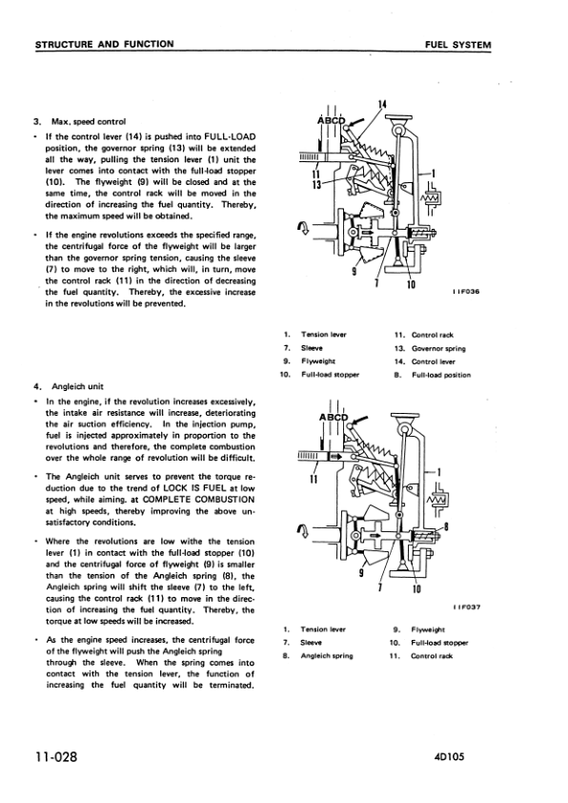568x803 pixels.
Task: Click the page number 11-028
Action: click(56, 756)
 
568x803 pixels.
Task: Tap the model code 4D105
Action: click(448, 756)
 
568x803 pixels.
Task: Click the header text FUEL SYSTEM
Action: click(457, 45)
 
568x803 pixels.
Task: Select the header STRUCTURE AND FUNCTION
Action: click(105, 44)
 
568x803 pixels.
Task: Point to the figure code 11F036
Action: click(465, 292)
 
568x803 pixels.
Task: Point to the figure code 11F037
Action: click(466, 607)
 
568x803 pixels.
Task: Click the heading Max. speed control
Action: click(88, 122)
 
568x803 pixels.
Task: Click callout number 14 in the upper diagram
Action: click(382, 104)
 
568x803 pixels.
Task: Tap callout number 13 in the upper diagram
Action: click(316, 184)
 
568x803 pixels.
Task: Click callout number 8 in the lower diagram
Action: click(446, 525)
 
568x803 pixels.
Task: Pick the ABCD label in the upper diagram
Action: click(332, 121)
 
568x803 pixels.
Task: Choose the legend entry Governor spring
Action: click(438, 349)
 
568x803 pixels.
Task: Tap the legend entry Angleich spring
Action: click(327, 656)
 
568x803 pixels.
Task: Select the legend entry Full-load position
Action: click(441, 375)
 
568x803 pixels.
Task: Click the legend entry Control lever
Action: click(434, 361)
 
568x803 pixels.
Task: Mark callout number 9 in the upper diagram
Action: click(354, 272)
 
